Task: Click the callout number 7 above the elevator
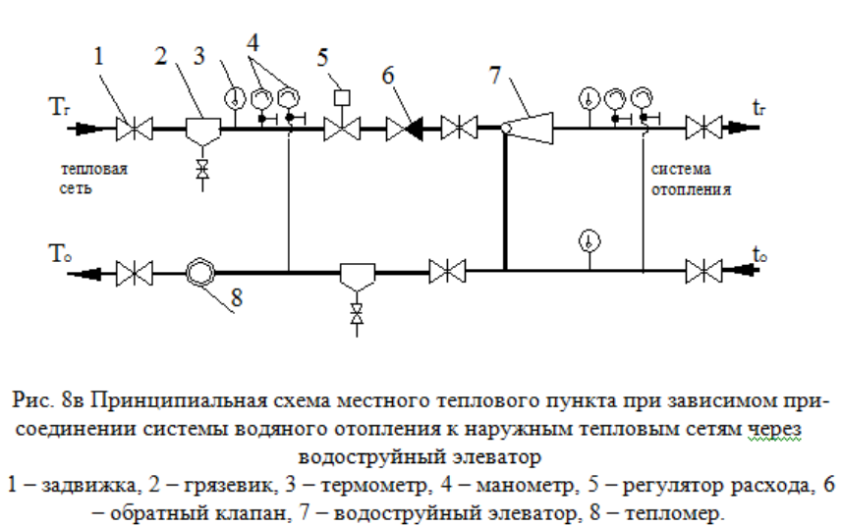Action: (x=495, y=75)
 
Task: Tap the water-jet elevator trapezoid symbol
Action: (x=532, y=129)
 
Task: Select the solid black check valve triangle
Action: (x=414, y=129)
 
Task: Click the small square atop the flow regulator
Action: (x=342, y=98)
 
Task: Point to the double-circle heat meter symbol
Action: (x=200, y=273)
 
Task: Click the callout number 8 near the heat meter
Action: (x=237, y=297)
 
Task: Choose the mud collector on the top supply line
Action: (x=202, y=131)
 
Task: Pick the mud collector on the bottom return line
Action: (x=357, y=277)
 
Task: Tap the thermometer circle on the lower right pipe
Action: (x=589, y=241)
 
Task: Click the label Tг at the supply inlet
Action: (x=59, y=107)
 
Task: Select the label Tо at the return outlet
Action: (x=60, y=253)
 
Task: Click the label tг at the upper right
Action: (x=758, y=108)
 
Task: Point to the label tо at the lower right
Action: (x=759, y=254)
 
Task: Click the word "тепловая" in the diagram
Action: (x=94, y=169)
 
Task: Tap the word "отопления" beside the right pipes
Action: (x=691, y=189)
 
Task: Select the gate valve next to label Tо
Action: (x=135, y=274)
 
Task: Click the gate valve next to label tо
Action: (x=704, y=271)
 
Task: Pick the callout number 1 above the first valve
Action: (x=98, y=56)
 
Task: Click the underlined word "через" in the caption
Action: (x=775, y=429)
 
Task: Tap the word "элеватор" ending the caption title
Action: (x=495, y=457)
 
